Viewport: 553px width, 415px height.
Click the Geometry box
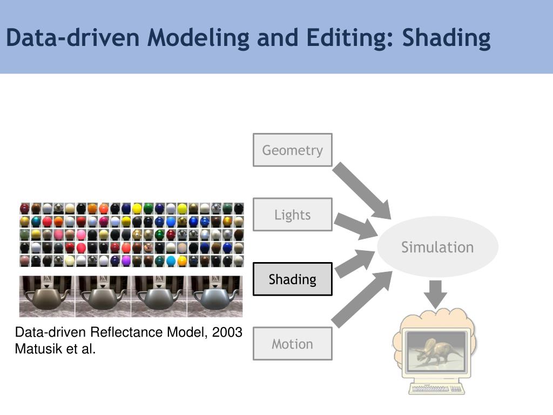point(292,150)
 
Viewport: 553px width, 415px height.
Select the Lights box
point(292,215)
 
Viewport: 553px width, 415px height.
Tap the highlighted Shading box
point(292,279)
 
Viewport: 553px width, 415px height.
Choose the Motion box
point(292,344)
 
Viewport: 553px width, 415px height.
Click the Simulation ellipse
point(437,247)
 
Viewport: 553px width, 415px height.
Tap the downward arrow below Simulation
point(435,294)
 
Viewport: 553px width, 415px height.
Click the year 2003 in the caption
point(227,332)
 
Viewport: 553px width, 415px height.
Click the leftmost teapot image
point(47,296)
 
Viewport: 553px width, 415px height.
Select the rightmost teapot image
point(215,296)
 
